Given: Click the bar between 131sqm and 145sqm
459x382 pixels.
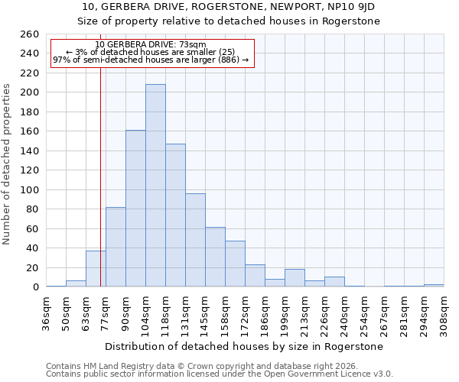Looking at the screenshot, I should [195, 240].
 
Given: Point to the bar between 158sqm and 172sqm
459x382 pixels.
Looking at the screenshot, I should [235, 264].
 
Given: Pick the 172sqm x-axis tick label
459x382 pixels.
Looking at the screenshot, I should [245, 312].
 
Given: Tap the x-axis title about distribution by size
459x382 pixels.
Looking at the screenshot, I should [245, 346].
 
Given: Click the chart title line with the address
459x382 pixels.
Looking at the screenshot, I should [229, 7].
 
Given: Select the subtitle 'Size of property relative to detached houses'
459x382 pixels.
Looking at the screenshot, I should [229, 21].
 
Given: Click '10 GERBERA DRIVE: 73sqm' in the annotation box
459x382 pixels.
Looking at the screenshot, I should [151, 45].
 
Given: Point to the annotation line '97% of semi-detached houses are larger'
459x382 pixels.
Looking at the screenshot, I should [151, 60].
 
